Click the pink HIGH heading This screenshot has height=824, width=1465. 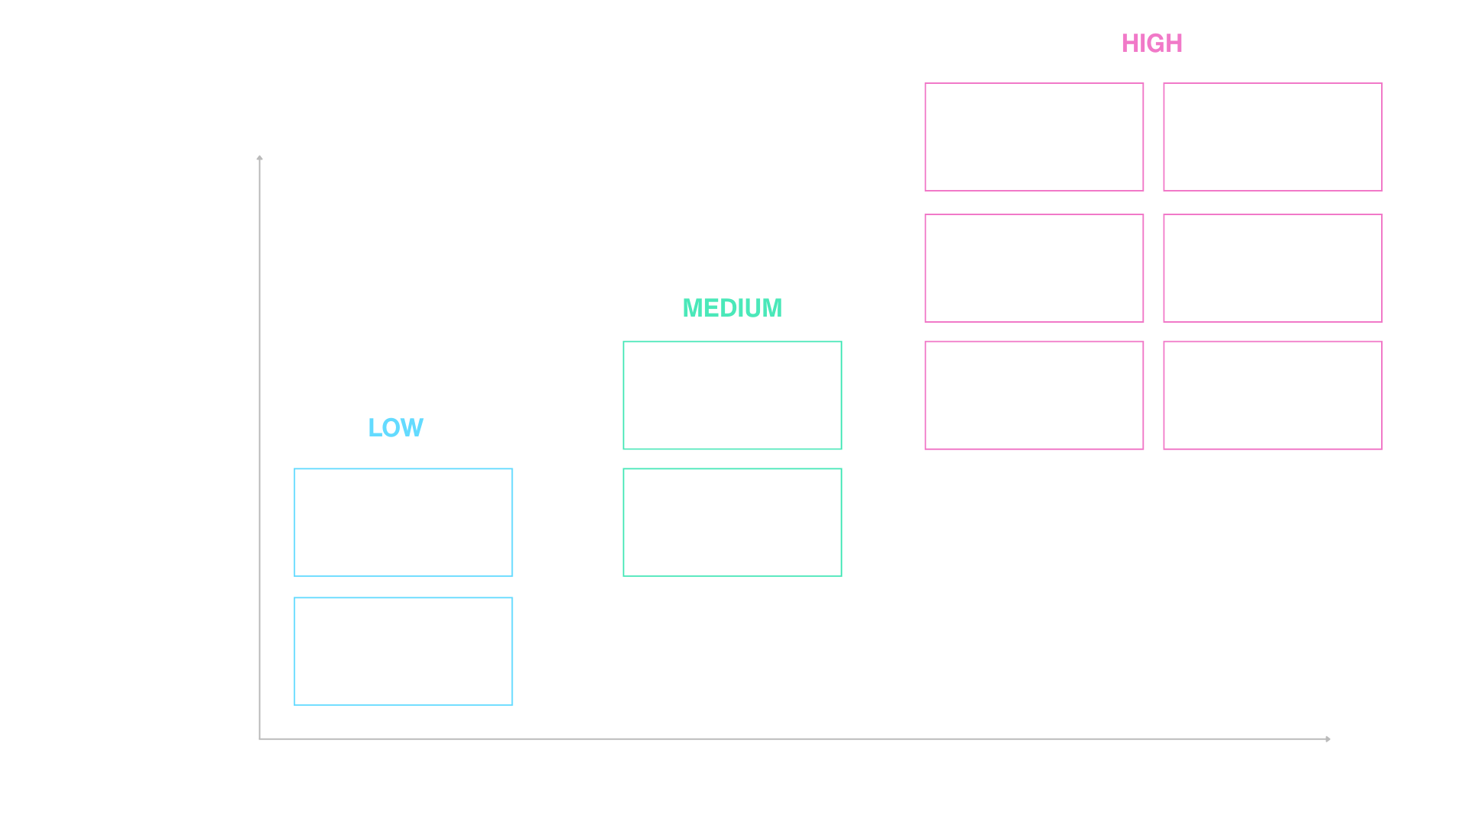(1151, 43)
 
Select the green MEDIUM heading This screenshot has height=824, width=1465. (732, 308)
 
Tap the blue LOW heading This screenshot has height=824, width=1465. (395, 427)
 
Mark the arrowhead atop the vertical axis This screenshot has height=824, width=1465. (260, 158)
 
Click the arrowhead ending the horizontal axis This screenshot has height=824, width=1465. (1328, 739)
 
